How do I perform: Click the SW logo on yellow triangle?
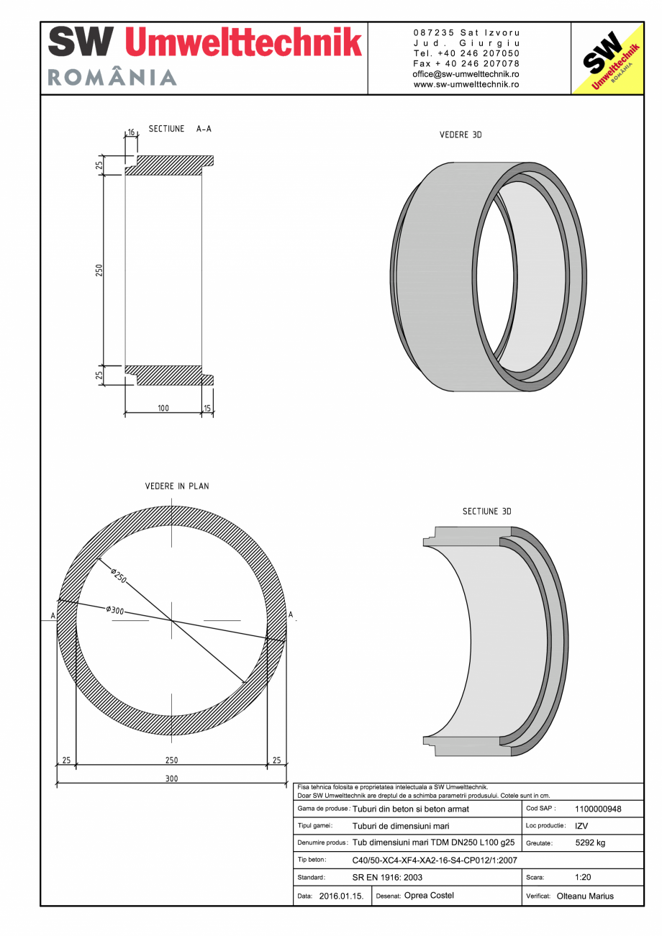point(606,59)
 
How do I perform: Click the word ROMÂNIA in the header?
point(112,78)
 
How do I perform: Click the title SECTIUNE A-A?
point(180,129)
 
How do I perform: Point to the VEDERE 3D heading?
point(461,135)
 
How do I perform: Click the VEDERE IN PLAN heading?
point(177,486)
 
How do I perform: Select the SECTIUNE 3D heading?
point(486,512)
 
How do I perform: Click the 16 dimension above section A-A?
point(131,133)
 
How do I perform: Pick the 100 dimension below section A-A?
point(163,408)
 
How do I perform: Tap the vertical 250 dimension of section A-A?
point(99,270)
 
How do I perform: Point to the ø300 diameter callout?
point(115,611)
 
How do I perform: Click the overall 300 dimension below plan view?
point(171,778)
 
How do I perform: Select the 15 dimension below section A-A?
point(208,408)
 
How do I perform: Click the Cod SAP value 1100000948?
point(598,809)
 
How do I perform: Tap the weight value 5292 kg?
point(590,842)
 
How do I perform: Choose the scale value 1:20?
point(584,878)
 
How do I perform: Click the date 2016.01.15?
point(341,896)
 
